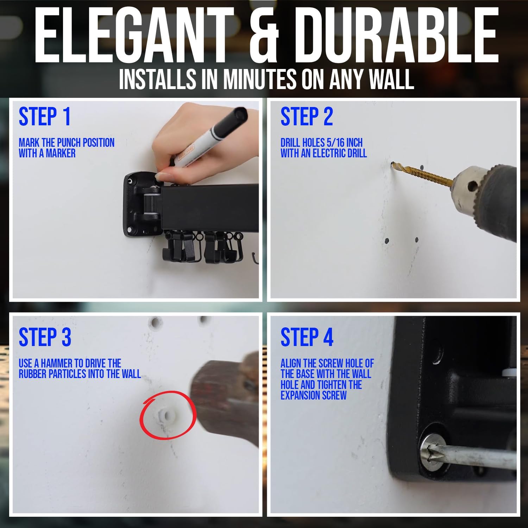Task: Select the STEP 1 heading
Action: point(45,117)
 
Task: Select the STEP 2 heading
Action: point(307,117)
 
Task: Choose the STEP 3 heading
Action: point(45,337)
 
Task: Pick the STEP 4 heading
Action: point(307,337)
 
